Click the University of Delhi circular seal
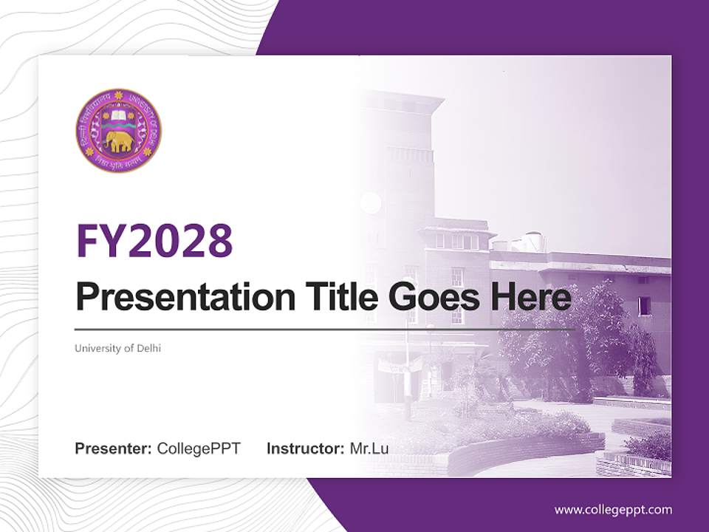(118, 131)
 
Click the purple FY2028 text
(154, 241)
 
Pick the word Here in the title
(531, 298)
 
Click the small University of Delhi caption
(117, 348)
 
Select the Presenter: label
(114, 449)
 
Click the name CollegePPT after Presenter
(199, 449)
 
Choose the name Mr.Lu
(369, 449)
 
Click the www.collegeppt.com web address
(613, 510)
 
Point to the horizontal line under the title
(325, 330)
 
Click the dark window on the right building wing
(645, 305)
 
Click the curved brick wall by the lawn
(517, 451)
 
